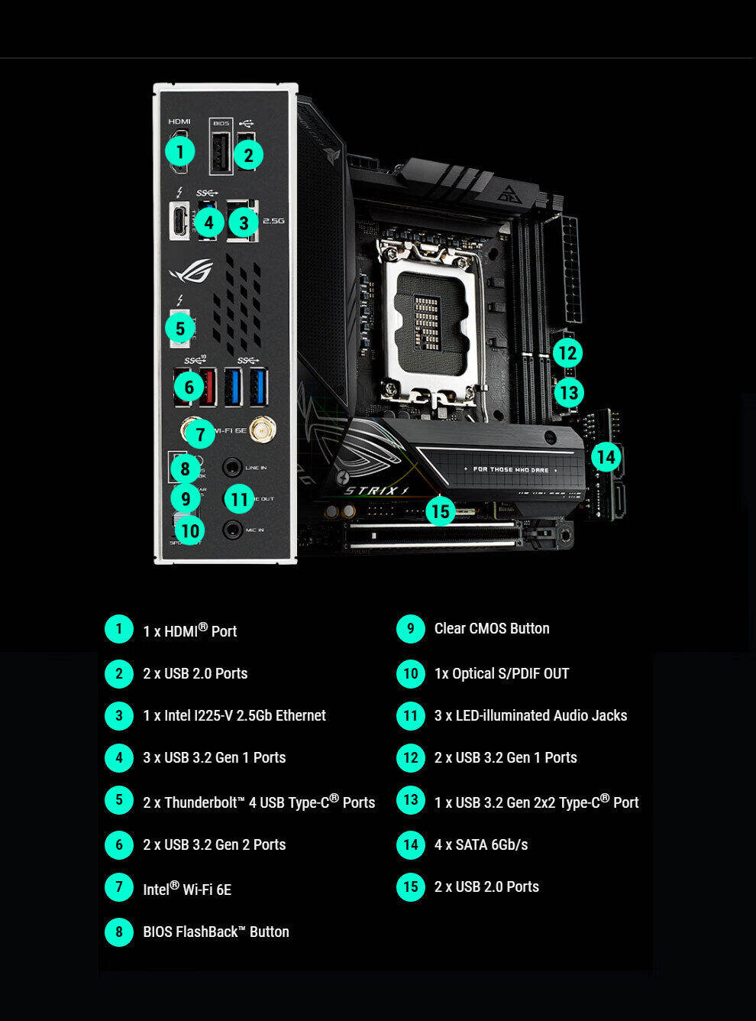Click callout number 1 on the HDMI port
point(180,151)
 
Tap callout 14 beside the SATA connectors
point(606,457)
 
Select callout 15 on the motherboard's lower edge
point(440,510)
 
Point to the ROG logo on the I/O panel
point(191,271)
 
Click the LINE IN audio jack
point(232,467)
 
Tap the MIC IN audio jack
point(232,529)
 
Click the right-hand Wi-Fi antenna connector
point(263,429)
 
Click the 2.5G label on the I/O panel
point(273,221)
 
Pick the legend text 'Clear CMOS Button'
point(492,628)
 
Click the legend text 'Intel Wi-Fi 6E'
point(187,889)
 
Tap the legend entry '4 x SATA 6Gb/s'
point(481,844)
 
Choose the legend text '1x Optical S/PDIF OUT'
point(502,673)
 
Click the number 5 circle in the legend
point(119,800)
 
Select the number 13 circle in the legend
point(411,800)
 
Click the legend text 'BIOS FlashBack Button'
point(216,932)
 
